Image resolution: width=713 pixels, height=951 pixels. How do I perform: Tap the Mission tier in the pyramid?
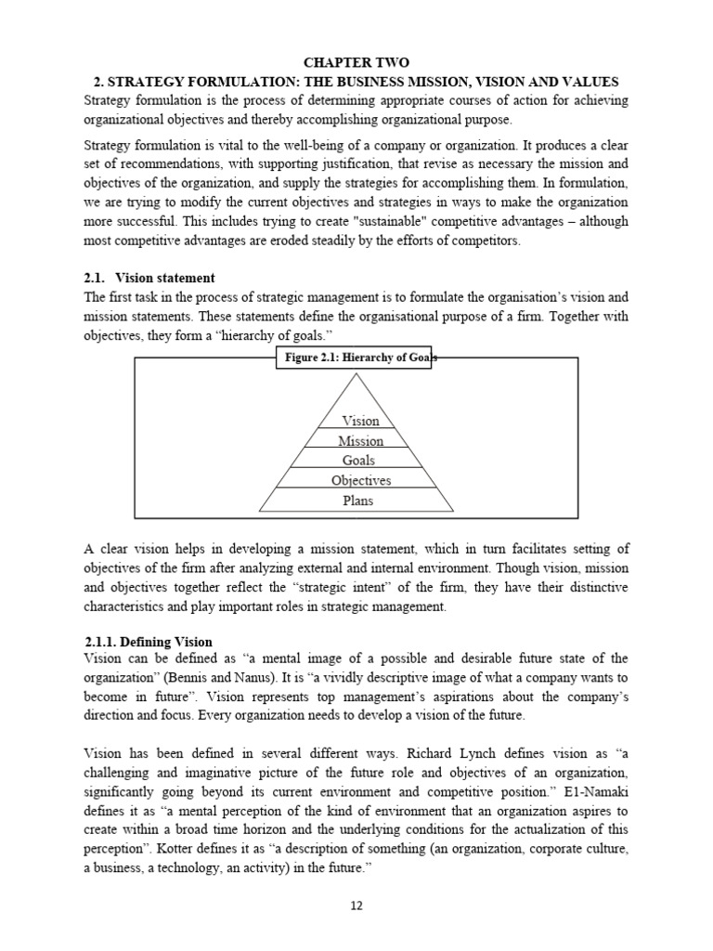point(360,441)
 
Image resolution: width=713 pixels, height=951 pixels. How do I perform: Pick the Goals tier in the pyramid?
point(358,461)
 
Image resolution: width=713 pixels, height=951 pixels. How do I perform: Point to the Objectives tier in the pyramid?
point(360,481)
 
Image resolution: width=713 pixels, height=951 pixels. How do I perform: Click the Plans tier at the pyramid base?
point(357,501)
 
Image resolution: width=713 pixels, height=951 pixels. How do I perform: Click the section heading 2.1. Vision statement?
point(164,278)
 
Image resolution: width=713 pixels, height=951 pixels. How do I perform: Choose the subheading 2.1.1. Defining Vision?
point(148,642)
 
